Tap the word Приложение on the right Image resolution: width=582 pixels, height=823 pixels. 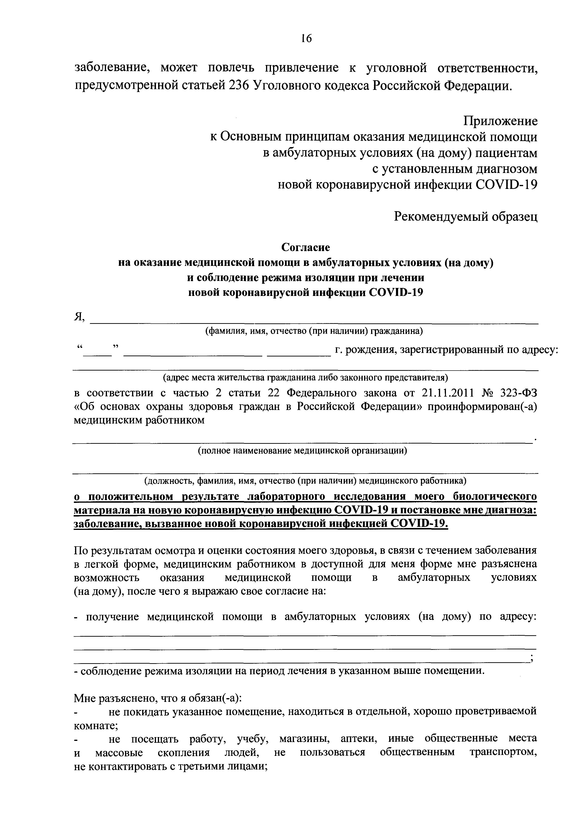[x=500, y=121]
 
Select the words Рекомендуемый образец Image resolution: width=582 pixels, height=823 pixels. [x=465, y=217]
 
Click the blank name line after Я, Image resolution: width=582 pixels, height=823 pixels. [x=314, y=322]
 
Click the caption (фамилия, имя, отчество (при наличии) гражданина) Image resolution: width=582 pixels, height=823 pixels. [x=314, y=332]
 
